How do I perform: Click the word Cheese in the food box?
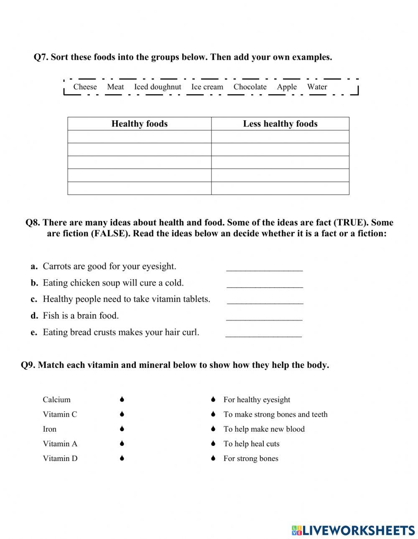point(85,87)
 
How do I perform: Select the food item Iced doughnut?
point(158,87)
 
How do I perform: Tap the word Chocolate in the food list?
point(250,87)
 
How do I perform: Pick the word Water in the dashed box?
point(317,87)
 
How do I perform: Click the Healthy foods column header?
point(139,124)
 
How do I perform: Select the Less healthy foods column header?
point(280,124)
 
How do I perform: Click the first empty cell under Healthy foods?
point(139,137)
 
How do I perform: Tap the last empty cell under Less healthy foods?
point(280,188)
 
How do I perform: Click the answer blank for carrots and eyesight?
point(264,267)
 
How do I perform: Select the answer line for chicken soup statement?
point(265,284)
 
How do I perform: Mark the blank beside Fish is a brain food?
point(264,317)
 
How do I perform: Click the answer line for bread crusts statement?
point(263,333)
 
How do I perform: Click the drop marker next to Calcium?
point(122,400)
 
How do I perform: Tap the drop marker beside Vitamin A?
point(122,443)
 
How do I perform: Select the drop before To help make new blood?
point(213,429)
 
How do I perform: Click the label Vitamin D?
point(60,458)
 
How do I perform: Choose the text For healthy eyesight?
point(257,400)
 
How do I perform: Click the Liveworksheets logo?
point(353,530)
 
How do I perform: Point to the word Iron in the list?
point(49,429)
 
